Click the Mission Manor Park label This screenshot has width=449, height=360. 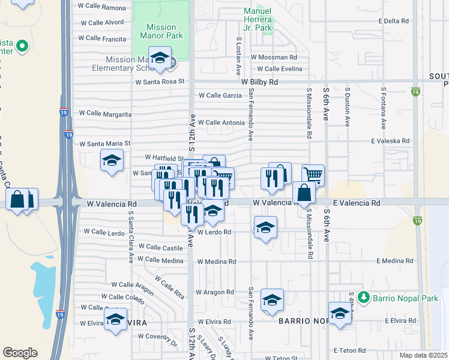[161, 31]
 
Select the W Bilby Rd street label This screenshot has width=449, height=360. [259, 82]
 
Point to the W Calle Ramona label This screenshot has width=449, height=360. [103, 8]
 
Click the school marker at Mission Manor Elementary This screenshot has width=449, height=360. [160, 59]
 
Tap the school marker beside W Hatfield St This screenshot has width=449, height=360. [112, 161]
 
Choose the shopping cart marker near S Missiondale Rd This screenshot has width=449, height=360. [313, 175]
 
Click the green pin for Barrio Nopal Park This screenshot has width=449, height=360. [363, 297]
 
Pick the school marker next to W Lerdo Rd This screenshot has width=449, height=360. [265, 228]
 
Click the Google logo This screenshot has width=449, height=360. [20, 353]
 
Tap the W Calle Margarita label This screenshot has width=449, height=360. [105, 113]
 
